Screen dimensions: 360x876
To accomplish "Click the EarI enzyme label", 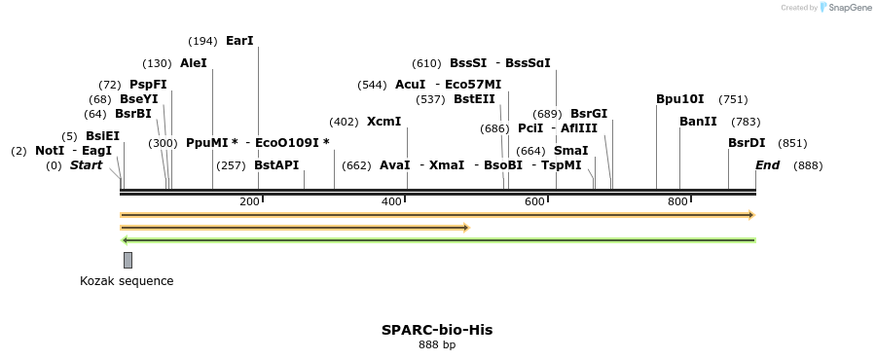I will coord(239,41).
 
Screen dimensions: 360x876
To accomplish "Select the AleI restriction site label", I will coord(194,63).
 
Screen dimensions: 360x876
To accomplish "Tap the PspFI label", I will coord(148,85).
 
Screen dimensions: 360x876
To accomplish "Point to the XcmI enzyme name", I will coord(383,122).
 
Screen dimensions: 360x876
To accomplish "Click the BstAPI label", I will coord(276,165).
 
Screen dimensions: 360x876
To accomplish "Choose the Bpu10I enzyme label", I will coord(680,99).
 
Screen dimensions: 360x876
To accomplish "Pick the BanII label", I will coord(698,122).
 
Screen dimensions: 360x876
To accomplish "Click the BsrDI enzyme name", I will coord(747,143).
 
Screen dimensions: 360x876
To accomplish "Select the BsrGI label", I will coord(589,114).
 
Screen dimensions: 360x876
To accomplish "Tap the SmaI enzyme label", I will coord(570,151).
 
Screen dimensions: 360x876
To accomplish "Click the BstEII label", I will coord(474,99).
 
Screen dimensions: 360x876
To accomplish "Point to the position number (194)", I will coord(203,41).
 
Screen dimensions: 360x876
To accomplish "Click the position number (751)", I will coord(733,99).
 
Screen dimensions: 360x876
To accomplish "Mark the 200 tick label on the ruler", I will coord(249,201).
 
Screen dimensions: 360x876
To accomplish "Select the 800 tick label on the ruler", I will coord(677,201).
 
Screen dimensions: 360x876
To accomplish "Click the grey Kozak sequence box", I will coord(128,260).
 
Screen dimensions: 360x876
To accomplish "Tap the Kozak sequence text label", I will coord(127,281).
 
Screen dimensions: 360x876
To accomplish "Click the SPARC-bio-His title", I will coord(437,330).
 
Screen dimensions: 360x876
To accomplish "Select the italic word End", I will coord(767,165).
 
